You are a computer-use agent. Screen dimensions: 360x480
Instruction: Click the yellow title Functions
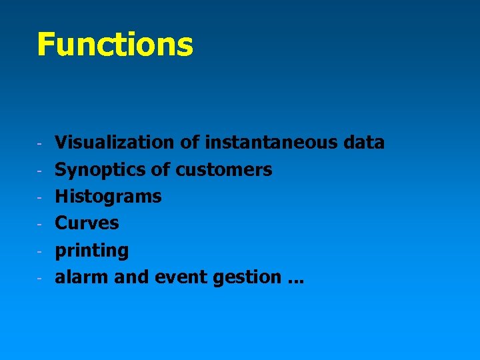115,44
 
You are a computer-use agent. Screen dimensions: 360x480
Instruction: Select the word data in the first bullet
364,142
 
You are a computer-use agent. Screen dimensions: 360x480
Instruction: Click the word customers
224,169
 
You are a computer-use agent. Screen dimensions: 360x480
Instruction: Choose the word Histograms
108,196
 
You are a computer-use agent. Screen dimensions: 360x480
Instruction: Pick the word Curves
87,223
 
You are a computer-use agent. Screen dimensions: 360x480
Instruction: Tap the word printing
91,251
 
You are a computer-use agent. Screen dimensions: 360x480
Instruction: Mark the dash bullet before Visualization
41,143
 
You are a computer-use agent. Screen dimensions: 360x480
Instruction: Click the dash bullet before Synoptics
41,171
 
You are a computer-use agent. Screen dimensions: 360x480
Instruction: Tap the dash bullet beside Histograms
41,197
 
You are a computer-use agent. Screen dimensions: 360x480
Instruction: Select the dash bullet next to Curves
41,224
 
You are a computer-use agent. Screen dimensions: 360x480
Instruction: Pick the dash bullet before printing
41,251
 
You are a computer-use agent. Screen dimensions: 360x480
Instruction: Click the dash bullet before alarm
41,278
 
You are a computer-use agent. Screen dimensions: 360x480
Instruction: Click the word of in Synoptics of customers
161,169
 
